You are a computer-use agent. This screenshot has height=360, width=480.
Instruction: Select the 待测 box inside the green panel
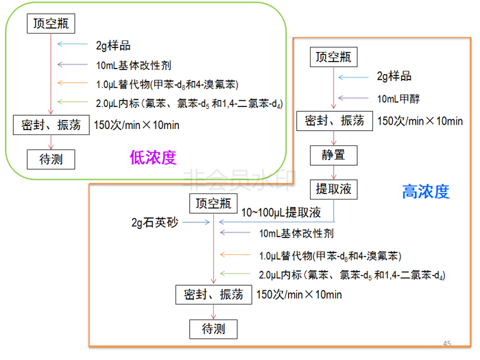pyautogui.click(x=51, y=159)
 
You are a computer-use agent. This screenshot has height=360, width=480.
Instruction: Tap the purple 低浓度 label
pyautogui.click(x=153, y=158)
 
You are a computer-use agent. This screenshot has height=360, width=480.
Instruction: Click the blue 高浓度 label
pyautogui.click(x=425, y=192)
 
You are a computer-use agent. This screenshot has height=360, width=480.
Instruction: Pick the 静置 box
pyautogui.click(x=333, y=154)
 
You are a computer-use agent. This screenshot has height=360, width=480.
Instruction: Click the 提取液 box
pyautogui.click(x=333, y=189)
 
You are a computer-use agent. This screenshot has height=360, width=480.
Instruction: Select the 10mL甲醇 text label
pyautogui.click(x=398, y=99)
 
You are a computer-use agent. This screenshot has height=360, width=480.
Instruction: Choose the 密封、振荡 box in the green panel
pyautogui.click(x=51, y=125)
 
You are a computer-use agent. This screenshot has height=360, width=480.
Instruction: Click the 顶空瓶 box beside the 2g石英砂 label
pyautogui.click(x=215, y=204)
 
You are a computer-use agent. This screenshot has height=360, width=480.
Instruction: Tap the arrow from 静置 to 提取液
pyautogui.click(x=333, y=171)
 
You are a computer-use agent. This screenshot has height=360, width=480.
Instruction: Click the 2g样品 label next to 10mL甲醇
pyautogui.click(x=394, y=76)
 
